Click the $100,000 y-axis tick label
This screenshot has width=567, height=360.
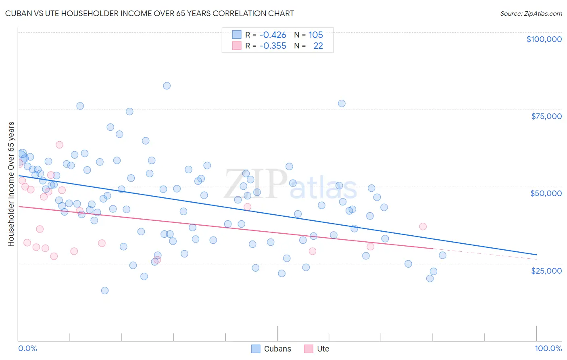point(544,39)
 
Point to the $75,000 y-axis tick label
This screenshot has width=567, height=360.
point(546,116)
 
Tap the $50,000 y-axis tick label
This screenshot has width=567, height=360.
point(546,193)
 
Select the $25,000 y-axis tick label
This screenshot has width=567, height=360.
point(546,270)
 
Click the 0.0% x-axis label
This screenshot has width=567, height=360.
point(27,348)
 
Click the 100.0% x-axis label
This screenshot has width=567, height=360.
point(548,348)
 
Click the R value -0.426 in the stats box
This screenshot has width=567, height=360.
point(273,35)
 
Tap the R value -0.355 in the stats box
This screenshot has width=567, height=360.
point(273,46)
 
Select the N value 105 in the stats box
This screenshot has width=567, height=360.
point(316,35)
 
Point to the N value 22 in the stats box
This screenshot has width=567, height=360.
point(318,46)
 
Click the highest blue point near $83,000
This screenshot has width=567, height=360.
point(167,86)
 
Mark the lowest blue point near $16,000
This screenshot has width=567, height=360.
point(105,291)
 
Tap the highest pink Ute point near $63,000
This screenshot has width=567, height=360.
point(59,145)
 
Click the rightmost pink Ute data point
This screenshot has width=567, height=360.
point(423,226)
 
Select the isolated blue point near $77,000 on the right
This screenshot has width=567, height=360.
point(342,103)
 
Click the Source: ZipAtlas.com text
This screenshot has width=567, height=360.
point(531,14)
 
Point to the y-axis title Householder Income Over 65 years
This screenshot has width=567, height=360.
point(11,184)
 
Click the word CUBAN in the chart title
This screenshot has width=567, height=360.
point(18,14)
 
